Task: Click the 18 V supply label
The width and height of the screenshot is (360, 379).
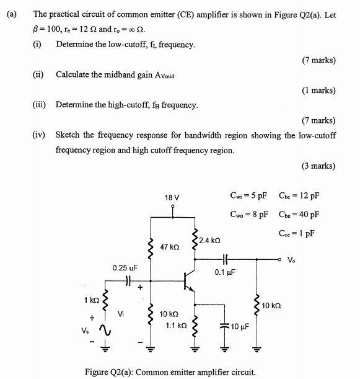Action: point(172,197)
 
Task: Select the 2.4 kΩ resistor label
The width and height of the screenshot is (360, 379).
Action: point(210,239)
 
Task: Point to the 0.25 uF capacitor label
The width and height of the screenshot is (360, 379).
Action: point(125,268)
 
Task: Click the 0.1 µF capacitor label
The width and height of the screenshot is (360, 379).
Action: point(224,272)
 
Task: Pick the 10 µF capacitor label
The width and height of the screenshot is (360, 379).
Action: point(239,326)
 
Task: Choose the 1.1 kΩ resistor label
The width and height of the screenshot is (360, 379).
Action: point(175,325)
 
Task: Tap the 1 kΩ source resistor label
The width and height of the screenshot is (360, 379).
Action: point(91,301)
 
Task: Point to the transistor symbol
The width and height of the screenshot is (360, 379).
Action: point(190,283)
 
